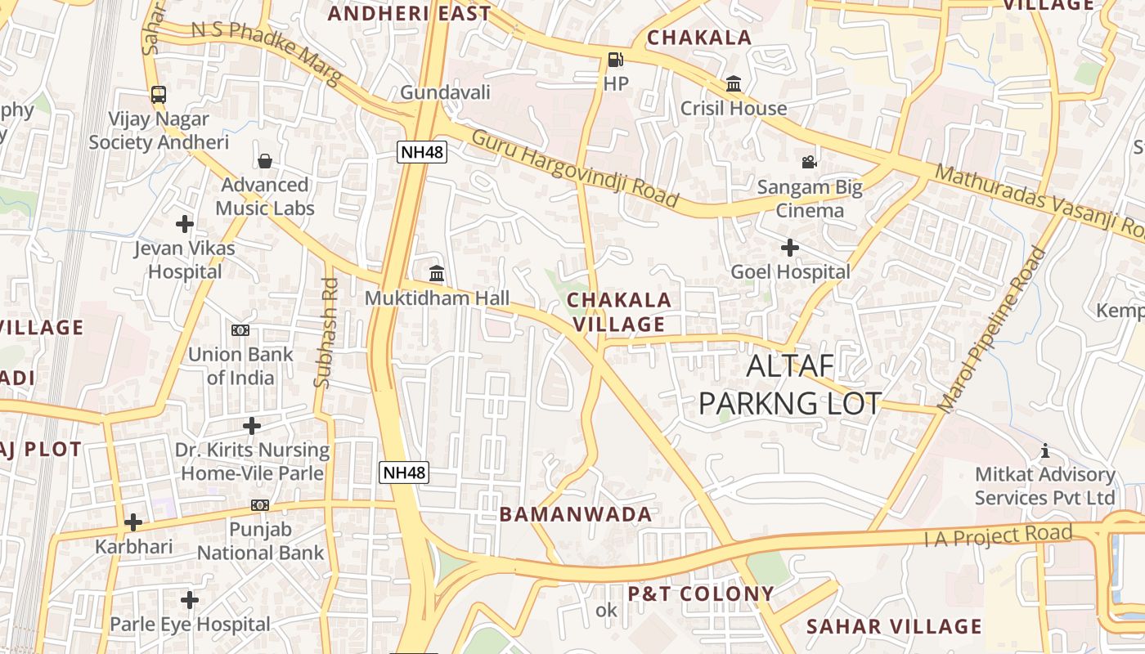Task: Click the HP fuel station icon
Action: (x=615, y=59)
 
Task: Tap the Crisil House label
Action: (x=734, y=108)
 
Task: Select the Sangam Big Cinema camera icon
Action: (x=809, y=162)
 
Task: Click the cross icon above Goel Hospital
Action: (x=789, y=247)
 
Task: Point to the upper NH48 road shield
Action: (x=423, y=151)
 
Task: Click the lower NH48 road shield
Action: (x=405, y=472)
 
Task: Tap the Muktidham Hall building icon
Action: (x=437, y=273)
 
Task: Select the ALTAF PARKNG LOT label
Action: (x=790, y=384)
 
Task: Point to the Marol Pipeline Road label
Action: (x=992, y=329)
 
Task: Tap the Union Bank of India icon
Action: (x=240, y=330)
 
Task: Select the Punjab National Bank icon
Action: (x=260, y=505)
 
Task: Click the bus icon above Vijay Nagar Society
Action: (x=159, y=94)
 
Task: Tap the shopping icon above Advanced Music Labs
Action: (x=264, y=160)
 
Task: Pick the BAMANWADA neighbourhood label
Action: (x=576, y=514)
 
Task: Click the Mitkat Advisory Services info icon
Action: (x=1044, y=450)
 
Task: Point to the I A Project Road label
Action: (x=998, y=536)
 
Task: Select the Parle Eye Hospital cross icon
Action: (x=190, y=600)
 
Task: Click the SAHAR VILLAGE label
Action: (x=894, y=627)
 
